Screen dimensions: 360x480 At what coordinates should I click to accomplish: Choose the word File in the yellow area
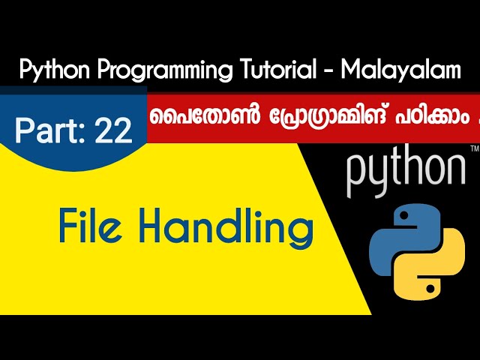tap(87, 227)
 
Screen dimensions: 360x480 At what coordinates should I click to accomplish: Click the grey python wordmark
tap(406, 172)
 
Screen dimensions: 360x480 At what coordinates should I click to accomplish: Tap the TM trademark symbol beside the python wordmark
tap(473, 151)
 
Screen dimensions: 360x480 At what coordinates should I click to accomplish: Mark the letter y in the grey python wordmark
tap(381, 175)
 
